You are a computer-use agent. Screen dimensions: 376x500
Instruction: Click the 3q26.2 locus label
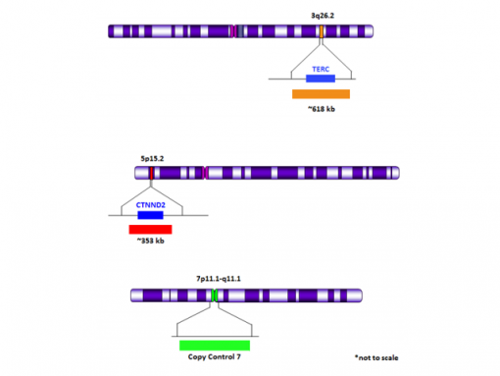click(x=322, y=17)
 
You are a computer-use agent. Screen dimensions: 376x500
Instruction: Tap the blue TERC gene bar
click(x=321, y=78)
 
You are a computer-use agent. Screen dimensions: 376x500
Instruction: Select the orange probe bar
click(x=321, y=94)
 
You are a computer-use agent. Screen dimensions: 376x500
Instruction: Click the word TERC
click(x=321, y=69)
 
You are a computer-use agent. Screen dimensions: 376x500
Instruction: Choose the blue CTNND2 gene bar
click(x=150, y=215)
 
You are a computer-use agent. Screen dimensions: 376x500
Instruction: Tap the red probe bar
click(x=150, y=230)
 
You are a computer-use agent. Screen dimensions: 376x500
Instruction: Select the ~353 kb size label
click(x=150, y=242)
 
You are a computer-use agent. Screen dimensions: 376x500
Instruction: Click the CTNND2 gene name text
click(x=150, y=205)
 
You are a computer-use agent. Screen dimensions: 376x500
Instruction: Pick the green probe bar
click(x=215, y=345)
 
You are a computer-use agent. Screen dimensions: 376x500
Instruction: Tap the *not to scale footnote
click(x=376, y=357)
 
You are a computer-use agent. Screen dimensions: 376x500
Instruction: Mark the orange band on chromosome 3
click(x=322, y=32)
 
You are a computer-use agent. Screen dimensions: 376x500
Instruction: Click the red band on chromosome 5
click(x=151, y=173)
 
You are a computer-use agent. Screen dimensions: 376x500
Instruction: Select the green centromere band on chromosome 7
click(x=215, y=295)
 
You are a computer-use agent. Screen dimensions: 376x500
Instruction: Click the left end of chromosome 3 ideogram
click(x=111, y=32)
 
